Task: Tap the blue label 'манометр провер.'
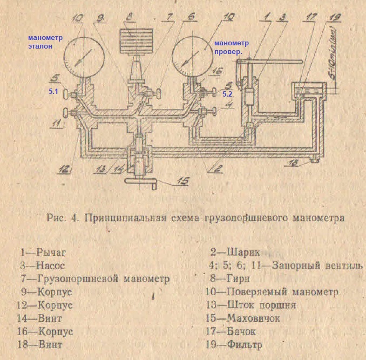click(231, 46)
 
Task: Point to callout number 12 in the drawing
click(65, 168)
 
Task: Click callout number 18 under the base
click(308, 162)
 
